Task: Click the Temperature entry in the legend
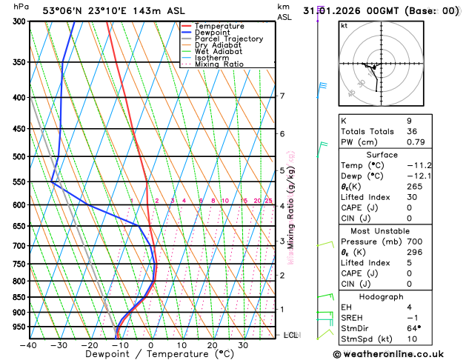[220, 26]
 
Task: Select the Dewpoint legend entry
[214, 33]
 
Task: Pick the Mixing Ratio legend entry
[219, 64]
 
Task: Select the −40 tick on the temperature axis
[28, 345]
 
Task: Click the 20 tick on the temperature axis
[212, 345]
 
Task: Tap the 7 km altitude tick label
[282, 96]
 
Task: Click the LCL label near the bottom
[291, 335]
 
